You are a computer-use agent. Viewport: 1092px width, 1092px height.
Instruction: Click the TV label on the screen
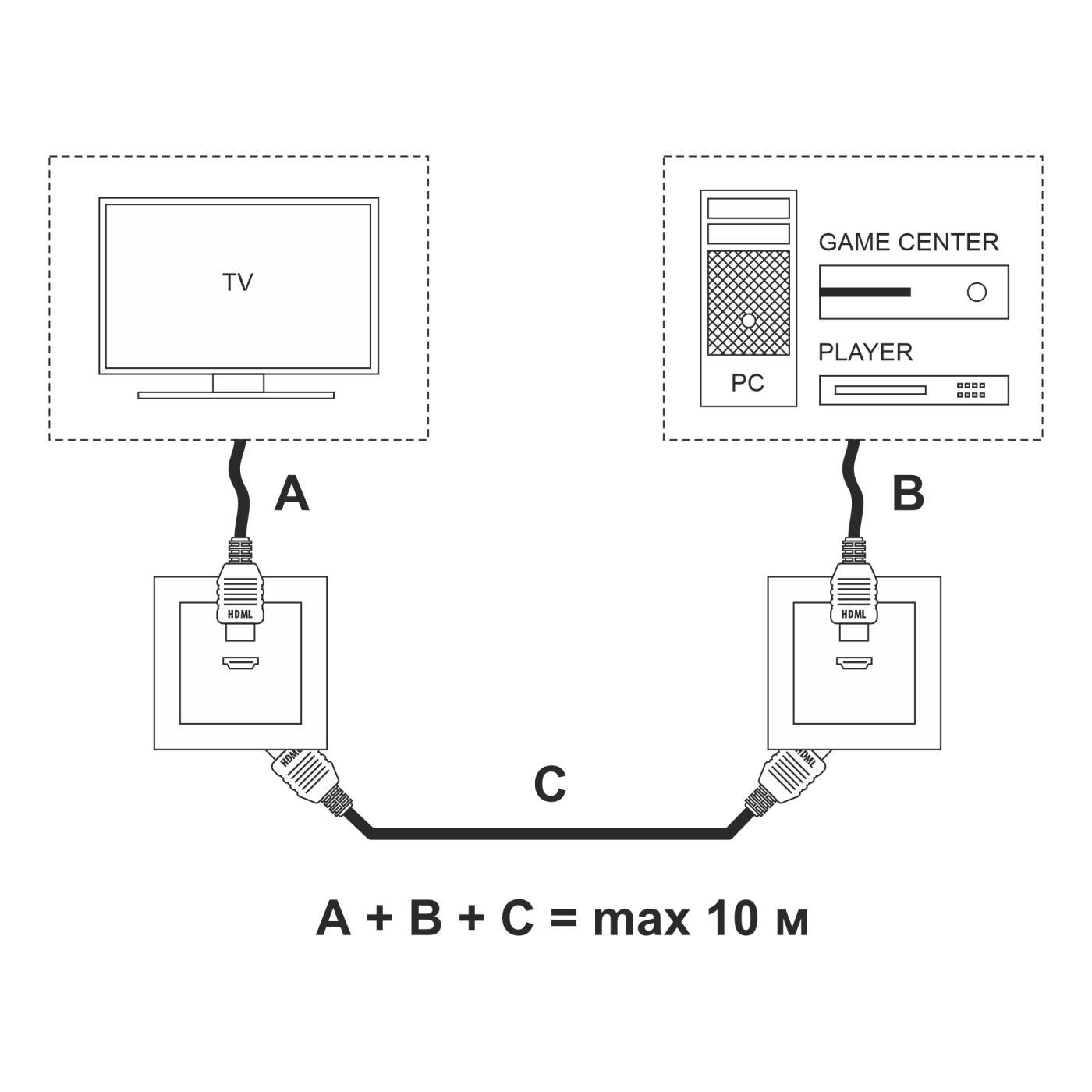[x=238, y=282]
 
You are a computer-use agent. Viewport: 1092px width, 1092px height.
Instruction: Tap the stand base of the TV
[x=236, y=395]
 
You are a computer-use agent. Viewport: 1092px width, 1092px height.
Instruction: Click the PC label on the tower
[x=747, y=383]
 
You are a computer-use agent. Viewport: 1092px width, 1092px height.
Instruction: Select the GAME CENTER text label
[x=908, y=243]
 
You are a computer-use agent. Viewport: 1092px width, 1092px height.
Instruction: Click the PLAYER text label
[x=865, y=353]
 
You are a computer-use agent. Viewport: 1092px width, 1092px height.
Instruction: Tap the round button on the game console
[x=977, y=292]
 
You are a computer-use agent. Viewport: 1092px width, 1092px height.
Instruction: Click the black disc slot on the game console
[x=865, y=292]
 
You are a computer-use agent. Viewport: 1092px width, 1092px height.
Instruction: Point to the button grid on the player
[x=971, y=390]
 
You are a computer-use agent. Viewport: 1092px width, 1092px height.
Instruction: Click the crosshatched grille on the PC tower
[x=748, y=303]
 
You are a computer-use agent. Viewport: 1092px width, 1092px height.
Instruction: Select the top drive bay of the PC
[x=748, y=208]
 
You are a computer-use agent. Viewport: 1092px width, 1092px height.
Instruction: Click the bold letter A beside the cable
[x=292, y=494]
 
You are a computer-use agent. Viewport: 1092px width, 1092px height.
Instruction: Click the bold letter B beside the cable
[x=908, y=494]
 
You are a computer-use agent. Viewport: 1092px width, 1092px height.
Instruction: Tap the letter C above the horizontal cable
[x=550, y=785]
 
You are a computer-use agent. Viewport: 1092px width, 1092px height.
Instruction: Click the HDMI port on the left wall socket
[x=241, y=664]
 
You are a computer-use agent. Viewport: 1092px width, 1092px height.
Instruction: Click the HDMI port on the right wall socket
[x=854, y=664]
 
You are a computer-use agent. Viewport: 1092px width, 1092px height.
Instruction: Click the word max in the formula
[x=641, y=920]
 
